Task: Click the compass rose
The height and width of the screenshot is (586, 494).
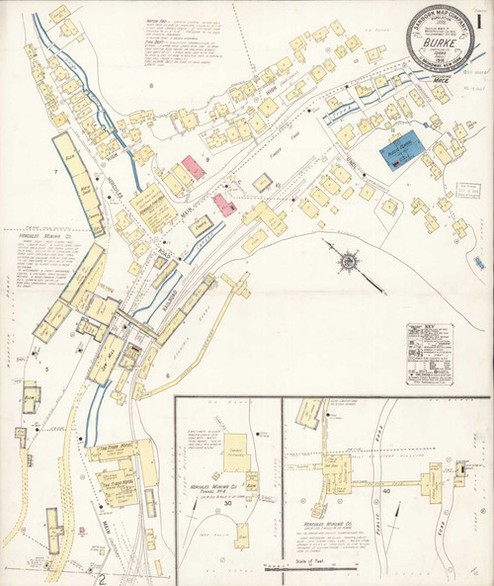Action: click(348, 261)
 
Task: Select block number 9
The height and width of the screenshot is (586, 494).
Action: click(207, 158)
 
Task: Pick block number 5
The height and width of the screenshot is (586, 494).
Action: click(46, 368)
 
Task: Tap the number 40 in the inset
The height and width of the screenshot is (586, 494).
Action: click(385, 491)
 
